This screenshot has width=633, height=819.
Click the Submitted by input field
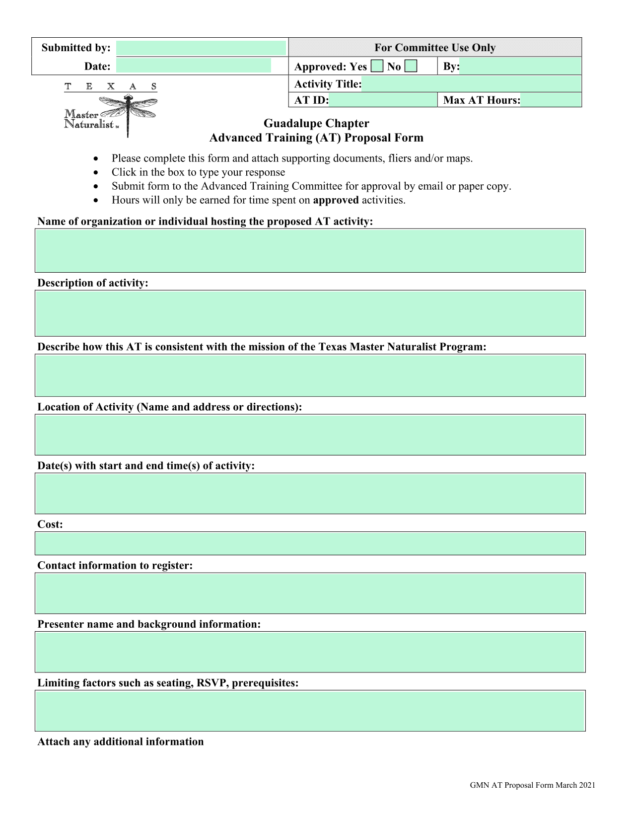tap(201, 48)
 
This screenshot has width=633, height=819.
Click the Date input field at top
tap(194, 66)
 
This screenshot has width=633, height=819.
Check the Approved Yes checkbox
tap(377, 67)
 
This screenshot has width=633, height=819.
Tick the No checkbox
tap(411, 67)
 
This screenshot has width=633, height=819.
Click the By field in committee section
tap(520, 67)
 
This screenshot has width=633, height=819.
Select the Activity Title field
tap(471, 84)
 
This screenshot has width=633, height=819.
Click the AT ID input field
tap(382, 100)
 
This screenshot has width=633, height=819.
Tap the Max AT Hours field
tap(551, 100)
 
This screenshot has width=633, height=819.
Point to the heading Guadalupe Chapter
tap(316, 123)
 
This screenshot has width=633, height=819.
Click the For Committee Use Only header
tap(435, 48)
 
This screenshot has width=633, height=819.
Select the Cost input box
tap(310, 543)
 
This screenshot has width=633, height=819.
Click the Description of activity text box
tap(310, 313)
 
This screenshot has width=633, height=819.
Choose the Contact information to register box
tap(310, 593)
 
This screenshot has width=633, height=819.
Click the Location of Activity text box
tap(310, 435)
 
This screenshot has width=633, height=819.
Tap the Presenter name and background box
tap(310, 652)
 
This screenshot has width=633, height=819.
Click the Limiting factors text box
tap(310, 710)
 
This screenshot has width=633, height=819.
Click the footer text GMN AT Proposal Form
tap(532, 785)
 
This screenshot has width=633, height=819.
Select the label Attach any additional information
tap(121, 742)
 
